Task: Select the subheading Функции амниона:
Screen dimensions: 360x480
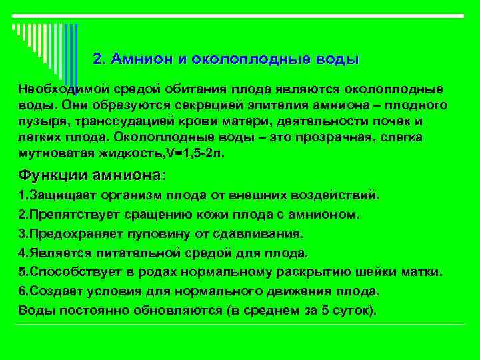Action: coord(91,175)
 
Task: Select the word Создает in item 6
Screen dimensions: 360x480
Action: coord(51,291)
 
